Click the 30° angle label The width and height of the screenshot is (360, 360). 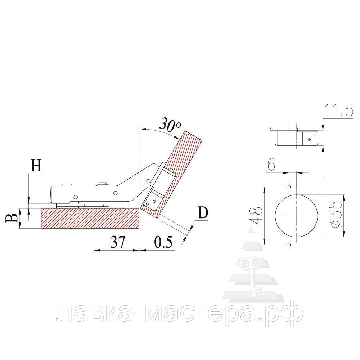[x=170, y=125]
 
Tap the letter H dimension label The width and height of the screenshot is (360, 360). [x=36, y=166]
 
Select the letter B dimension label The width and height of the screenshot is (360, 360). [x=12, y=218]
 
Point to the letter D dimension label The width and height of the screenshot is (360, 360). [x=203, y=213]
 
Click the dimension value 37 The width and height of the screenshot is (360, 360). [x=118, y=242]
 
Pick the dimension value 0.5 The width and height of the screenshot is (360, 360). [x=163, y=242]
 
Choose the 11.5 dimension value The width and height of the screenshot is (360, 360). [x=339, y=111]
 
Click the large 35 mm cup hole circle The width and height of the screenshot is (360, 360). [x=296, y=216]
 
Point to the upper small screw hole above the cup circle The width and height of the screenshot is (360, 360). [x=289, y=186]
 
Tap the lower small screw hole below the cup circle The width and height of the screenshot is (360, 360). [x=289, y=245]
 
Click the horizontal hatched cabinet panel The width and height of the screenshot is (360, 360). [x=90, y=218]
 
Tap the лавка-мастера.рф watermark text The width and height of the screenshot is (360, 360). [x=180, y=313]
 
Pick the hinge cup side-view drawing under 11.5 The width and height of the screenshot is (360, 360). [x=294, y=136]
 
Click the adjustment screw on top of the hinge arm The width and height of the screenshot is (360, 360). [x=104, y=184]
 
